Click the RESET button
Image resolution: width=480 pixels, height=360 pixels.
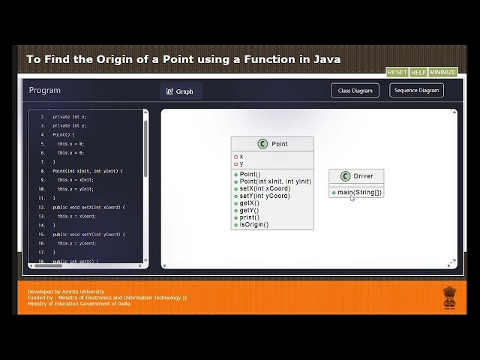point(397,72)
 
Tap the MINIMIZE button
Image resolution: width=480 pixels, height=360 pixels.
point(442,72)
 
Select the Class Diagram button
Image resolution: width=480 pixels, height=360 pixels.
point(355,90)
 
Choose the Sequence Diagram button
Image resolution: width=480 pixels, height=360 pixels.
point(416,90)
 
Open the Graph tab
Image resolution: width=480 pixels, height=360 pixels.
point(180,91)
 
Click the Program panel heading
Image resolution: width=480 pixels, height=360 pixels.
point(45,90)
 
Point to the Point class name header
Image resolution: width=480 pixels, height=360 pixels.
point(279,144)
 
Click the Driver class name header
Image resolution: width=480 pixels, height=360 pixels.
point(363,176)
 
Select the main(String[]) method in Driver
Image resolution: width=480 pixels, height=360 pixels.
point(359,192)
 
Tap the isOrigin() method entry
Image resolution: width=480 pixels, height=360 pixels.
point(253,224)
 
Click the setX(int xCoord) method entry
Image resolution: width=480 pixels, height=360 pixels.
point(264,188)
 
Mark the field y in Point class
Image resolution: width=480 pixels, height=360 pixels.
point(241,163)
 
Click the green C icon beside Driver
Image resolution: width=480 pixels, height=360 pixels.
point(345,176)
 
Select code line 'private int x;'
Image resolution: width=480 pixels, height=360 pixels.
point(69,117)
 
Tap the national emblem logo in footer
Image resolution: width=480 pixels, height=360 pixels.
point(448,298)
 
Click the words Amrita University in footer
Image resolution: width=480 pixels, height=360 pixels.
point(84,291)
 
